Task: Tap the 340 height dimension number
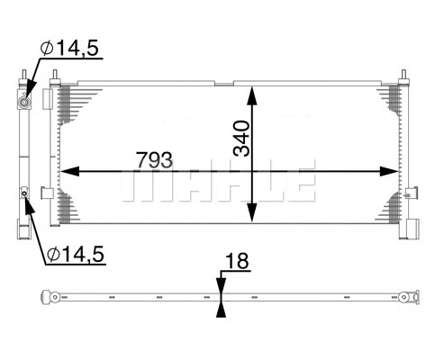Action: coord(240,138)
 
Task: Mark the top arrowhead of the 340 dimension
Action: coord(253,94)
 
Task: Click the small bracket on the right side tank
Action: coord(410,191)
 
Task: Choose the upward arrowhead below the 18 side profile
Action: coord(220,308)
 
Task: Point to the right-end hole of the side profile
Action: coord(411,296)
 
